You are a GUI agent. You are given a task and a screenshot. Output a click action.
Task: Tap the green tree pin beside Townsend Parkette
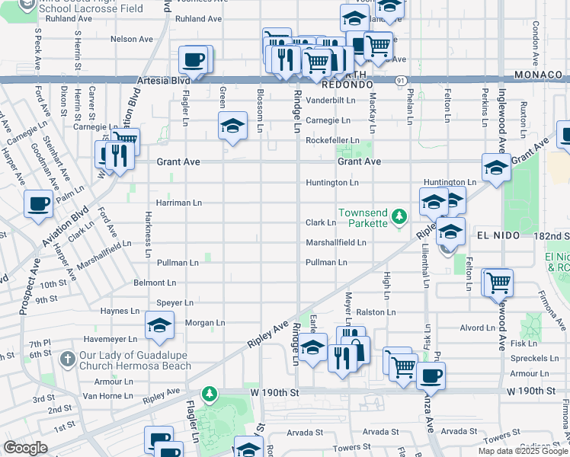pyautogui.click(x=399, y=218)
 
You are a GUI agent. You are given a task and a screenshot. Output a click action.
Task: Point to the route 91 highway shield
pyautogui.click(x=401, y=79)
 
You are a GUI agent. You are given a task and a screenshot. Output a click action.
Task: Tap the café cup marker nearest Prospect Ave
pyautogui.click(x=39, y=204)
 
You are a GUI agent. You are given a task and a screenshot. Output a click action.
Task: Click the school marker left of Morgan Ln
pyautogui.click(x=159, y=326)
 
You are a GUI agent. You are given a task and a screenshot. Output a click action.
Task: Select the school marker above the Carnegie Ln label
pyautogui.click(x=233, y=125)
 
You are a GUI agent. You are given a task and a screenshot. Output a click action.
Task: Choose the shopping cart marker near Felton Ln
pyautogui.click(x=498, y=282)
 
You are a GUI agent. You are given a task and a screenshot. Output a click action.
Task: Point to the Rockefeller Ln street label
pyautogui.click(x=332, y=141)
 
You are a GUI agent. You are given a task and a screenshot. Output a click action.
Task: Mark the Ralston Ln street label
pyautogui.click(x=376, y=312)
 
